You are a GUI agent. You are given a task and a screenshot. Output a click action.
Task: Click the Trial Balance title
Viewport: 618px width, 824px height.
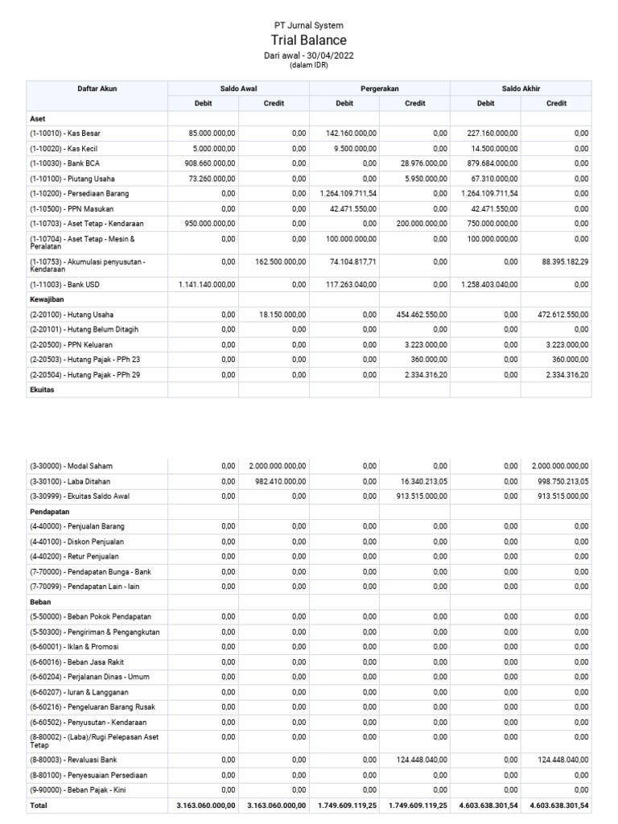tap(309, 40)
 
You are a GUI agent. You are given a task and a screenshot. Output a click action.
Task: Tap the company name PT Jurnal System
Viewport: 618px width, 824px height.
tap(309, 26)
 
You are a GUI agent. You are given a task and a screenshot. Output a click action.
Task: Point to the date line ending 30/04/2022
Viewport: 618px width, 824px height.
tap(309, 56)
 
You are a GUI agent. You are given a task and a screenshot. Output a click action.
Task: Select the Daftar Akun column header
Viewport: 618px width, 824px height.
tap(97, 89)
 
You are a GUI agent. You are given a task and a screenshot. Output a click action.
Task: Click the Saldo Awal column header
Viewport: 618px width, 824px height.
tap(238, 89)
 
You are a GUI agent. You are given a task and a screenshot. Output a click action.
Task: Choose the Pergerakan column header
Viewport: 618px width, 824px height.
tap(379, 89)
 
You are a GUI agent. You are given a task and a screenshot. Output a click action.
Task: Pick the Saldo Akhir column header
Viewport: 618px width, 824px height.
tap(521, 89)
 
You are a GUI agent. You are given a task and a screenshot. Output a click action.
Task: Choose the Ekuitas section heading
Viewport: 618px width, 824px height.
tap(43, 389)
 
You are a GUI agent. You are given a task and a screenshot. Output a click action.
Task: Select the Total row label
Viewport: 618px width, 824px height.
tap(39, 805)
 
